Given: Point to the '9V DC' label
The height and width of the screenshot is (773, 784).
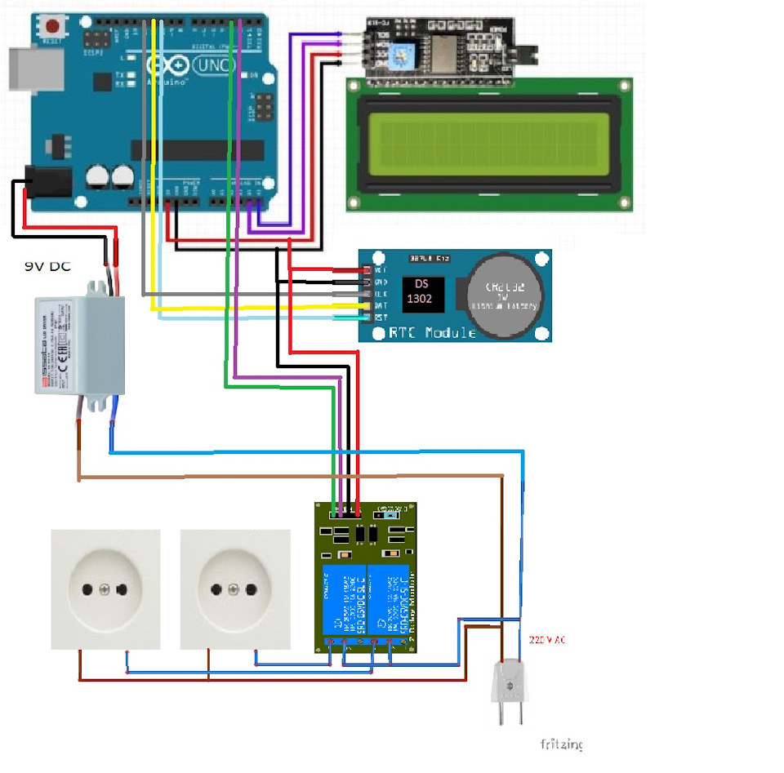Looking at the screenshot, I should [47, 266].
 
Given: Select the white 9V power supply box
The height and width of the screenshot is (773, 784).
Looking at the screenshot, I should [79, 345].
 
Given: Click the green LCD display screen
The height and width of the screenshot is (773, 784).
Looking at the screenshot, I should [489, 144].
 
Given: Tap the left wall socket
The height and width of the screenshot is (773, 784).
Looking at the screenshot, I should [105, 589].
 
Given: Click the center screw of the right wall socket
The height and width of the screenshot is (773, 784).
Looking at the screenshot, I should [234, 589].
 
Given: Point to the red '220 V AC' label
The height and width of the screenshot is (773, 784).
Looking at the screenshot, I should [546, 640].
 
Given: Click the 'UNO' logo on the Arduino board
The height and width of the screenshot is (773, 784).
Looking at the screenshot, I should [207, 64].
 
